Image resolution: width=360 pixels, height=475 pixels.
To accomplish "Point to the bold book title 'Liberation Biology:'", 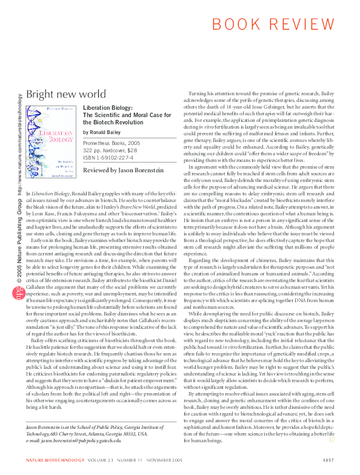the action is coord(106,107).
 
